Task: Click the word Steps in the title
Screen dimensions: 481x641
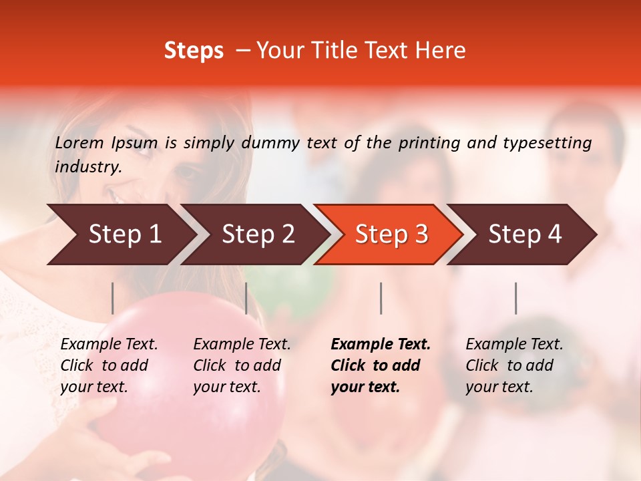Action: [x=194, y=51]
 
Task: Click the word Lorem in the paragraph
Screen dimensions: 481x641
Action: [x=79, y=142]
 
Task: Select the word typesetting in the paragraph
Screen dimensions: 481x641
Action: [x=548, y=142]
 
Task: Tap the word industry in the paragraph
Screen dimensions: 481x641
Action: [x=87, y=167]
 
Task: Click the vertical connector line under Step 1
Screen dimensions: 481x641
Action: [x=113, y=298]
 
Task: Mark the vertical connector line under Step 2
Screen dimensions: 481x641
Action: [x=246, y=298]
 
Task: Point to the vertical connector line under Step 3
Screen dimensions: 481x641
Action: [x=381, y=298]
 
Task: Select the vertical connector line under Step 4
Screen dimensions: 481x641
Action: [x=516, y=298]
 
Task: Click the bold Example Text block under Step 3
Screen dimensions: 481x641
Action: [x=380, y=365]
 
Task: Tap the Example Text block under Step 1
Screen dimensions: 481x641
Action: [x=109, y=365]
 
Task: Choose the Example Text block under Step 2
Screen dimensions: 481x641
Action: [x=242, y=365]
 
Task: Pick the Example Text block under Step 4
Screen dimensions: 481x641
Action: [x=514, y=365]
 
